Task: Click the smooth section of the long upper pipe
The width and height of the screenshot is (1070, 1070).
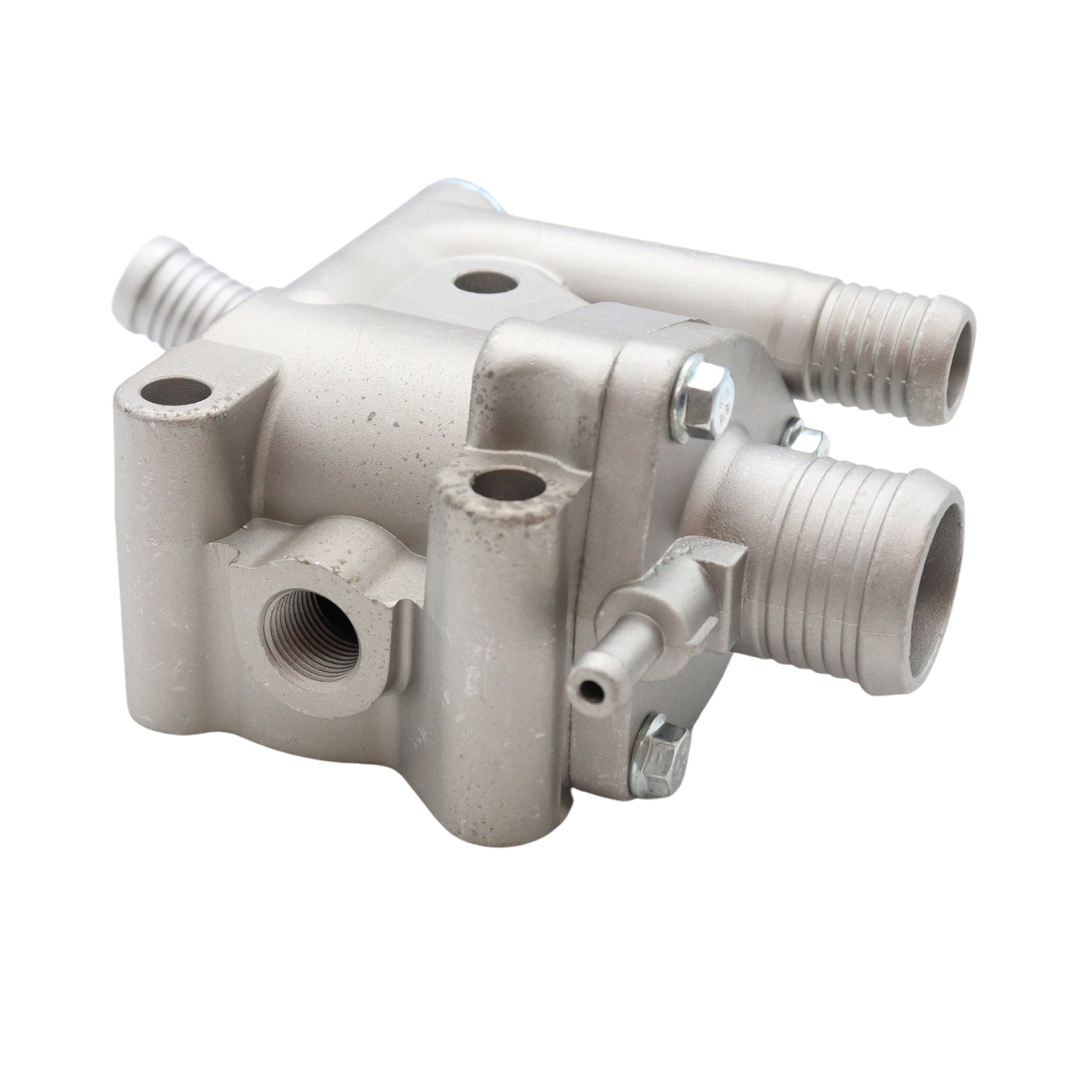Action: point(665,266)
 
